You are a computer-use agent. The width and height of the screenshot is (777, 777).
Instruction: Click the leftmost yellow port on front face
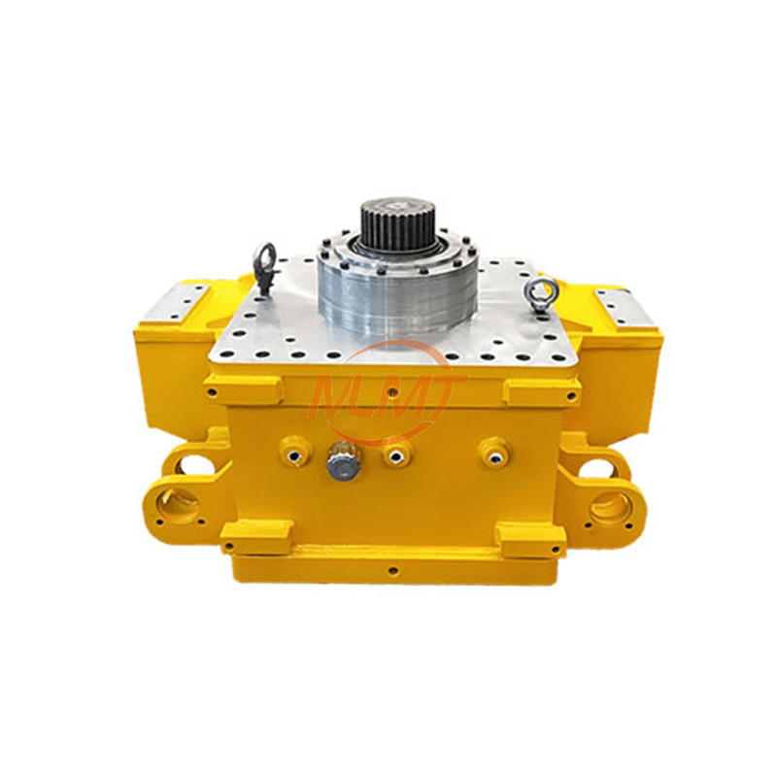(295, 450)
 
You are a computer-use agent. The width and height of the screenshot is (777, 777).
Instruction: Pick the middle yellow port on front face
(395, 451)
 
